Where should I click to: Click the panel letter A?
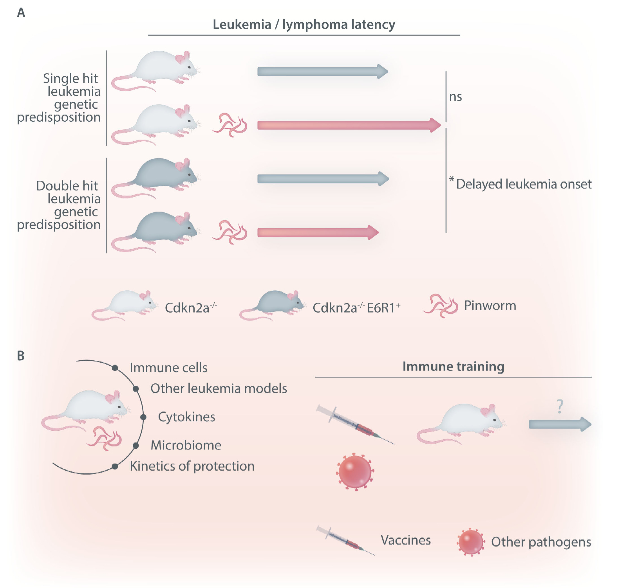coord(21,13)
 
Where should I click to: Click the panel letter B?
coord(21,356)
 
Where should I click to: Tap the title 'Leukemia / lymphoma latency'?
coord(304,25)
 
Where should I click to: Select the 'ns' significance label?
coord(455,97)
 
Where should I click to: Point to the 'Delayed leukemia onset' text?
coord(524,184)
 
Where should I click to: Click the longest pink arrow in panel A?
coord(349,125)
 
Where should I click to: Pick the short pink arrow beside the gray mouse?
coord(318,232)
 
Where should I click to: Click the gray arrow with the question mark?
coord(560,424)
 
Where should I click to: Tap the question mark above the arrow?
coord(560,406)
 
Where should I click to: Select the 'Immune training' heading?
coord(454,367)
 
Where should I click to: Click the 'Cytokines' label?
coord(187,417)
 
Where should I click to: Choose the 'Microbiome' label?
coord(186,445)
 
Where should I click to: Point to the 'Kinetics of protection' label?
coord(192,466)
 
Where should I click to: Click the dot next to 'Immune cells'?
coord(115,368)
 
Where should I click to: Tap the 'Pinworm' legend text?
coord(490,306)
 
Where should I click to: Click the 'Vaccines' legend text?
coord(406,540)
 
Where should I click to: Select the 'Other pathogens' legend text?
coord(541,542)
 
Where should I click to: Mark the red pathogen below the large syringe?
coord(355,472)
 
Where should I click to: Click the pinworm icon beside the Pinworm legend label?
coord(441,306)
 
